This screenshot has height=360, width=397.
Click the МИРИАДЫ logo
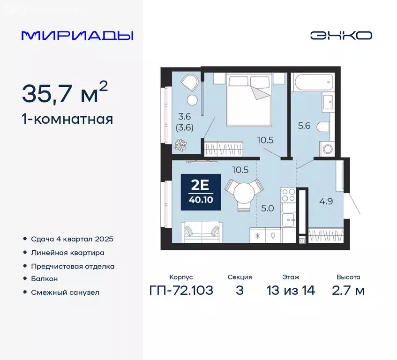[x=77, y=36]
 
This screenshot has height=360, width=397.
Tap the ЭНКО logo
[x=341, y=36]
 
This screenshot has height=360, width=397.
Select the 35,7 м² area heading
[x=65, y=93]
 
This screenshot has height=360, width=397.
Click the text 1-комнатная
[x=67, y=119]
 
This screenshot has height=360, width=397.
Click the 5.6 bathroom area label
[x=305, y=126]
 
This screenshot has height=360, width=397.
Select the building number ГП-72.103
[x=181, y=291]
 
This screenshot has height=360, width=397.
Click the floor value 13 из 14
[x=291, y=291]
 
